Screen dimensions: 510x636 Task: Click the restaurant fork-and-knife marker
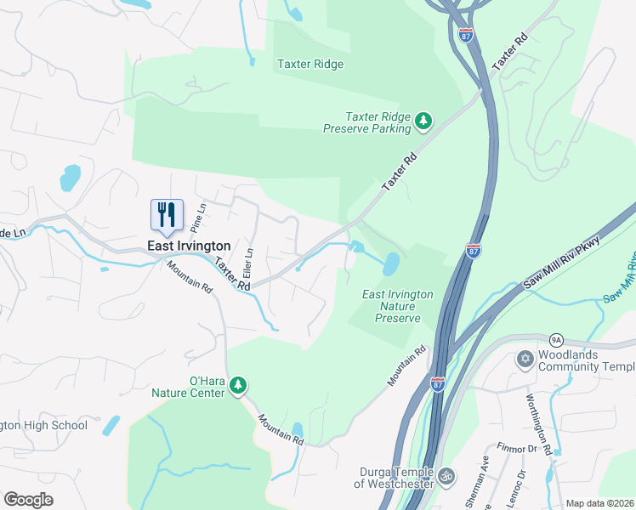click(x=167, y=214)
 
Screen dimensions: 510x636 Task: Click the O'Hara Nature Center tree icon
click(x=239, y=385)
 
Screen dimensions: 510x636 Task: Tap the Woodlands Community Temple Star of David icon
click(x=525, y=360)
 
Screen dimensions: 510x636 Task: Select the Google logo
click(x=28, y=500)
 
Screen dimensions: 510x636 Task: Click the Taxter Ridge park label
click(x=310, y=64)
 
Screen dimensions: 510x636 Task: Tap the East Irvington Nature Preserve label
click(x=398, y=306)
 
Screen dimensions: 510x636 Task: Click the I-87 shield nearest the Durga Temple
click(x=437, y=384)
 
